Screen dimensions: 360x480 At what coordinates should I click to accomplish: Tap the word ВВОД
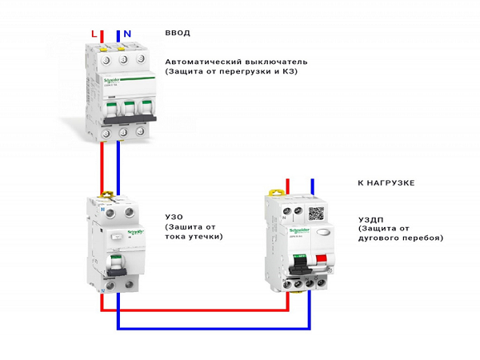[178, 33]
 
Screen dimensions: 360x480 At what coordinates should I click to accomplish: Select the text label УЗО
[175, 217]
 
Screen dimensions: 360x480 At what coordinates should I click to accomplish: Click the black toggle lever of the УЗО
[117, 263]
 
